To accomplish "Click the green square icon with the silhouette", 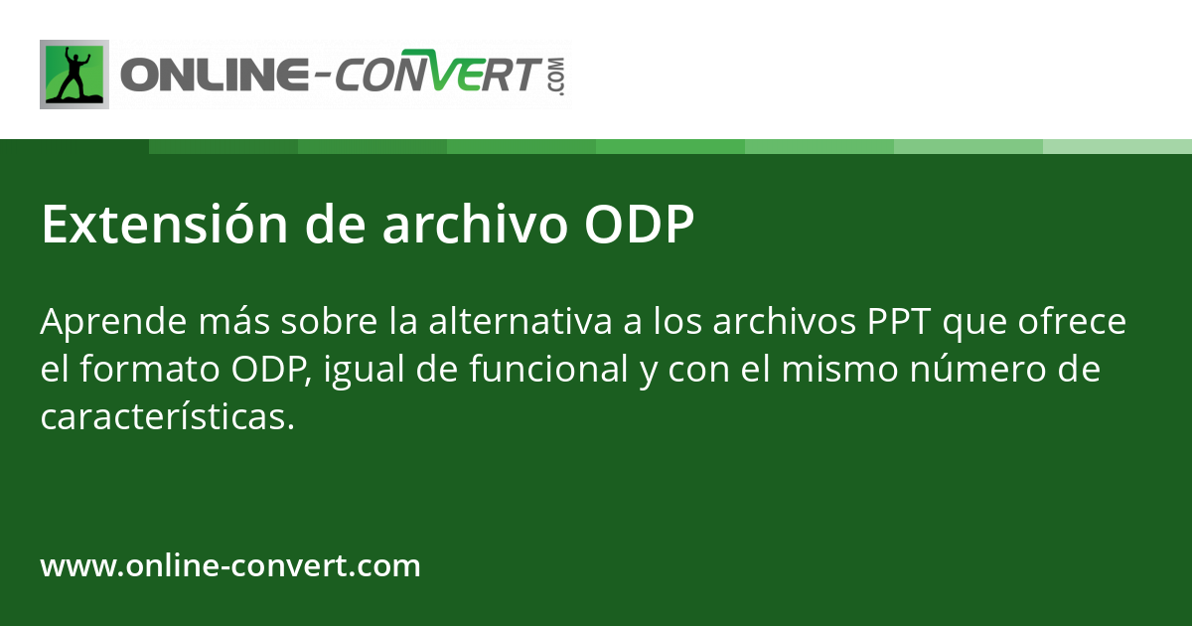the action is pos(74,75).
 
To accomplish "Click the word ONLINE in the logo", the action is pos(215,75).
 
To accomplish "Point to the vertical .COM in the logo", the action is pos(558,77).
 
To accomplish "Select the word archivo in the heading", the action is pos(475,225).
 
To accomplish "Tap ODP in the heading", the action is pos(639,225).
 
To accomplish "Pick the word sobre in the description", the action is pos(329,322).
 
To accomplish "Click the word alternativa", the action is pos(521,322).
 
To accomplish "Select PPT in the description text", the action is pos(899,322).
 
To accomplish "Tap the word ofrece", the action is pos(1072,322).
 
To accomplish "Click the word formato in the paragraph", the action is pos(150,369).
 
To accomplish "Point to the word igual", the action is pos(364,371).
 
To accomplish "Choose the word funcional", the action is pos(548,369).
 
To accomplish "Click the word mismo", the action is pos(840,369).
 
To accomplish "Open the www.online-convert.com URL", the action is pos(230,565).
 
